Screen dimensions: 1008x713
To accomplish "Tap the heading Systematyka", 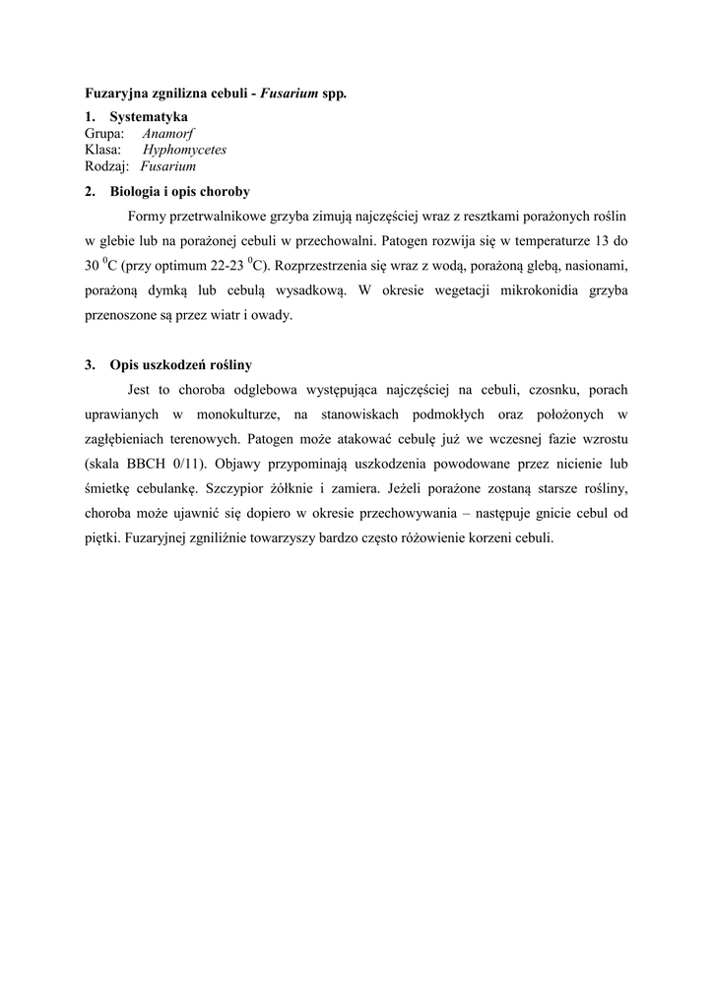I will (149, 117).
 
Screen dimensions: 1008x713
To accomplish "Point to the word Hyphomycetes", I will (185, 151).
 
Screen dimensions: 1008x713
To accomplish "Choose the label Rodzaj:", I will (107, 167).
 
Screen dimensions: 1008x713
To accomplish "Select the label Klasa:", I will (103, 151).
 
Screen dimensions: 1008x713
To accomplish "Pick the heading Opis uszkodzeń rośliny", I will (180, 365).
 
